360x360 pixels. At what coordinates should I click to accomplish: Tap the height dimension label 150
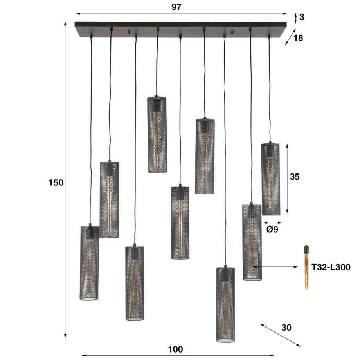point(56,182)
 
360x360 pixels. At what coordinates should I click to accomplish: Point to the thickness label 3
point(302,17)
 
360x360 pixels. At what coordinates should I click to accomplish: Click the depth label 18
point(298,38)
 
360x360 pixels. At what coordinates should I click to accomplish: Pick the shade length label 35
point(295,176)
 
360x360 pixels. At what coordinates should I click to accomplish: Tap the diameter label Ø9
point(272,230)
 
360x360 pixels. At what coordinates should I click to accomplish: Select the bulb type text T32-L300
point(331,267)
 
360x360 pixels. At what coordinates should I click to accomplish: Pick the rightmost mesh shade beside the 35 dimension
point(270,179)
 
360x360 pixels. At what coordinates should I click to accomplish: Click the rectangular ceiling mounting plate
point(180,29)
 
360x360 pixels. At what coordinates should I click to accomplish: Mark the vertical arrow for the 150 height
point(65,180)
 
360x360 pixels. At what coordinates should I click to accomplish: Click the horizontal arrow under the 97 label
point(181,14)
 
